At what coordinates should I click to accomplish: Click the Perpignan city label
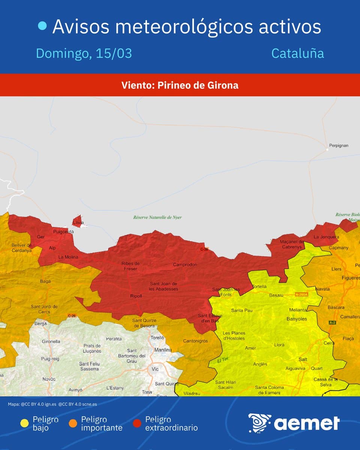[339, 145]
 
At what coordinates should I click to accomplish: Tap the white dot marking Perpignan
[327, 149]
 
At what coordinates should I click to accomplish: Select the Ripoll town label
[136, 296]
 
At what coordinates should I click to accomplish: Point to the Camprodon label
[185, 265]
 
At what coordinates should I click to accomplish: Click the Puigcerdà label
[63, 232]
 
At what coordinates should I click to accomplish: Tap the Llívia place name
[78, 223]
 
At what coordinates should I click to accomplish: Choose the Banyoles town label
[297, 319]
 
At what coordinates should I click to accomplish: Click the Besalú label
[276, 295]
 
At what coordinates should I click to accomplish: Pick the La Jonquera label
[326, 237]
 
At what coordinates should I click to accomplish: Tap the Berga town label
[40, 323]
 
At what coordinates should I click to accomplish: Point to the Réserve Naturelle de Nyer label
[157, 217]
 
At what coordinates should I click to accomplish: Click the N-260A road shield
[301, 294]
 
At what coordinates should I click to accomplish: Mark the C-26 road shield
[72, 316]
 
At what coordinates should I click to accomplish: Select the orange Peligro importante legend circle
[73, 423]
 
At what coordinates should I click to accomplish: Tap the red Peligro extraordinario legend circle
[137, 423]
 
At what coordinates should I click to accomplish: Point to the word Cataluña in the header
[297, 53]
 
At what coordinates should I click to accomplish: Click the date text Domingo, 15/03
[84, 53]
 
